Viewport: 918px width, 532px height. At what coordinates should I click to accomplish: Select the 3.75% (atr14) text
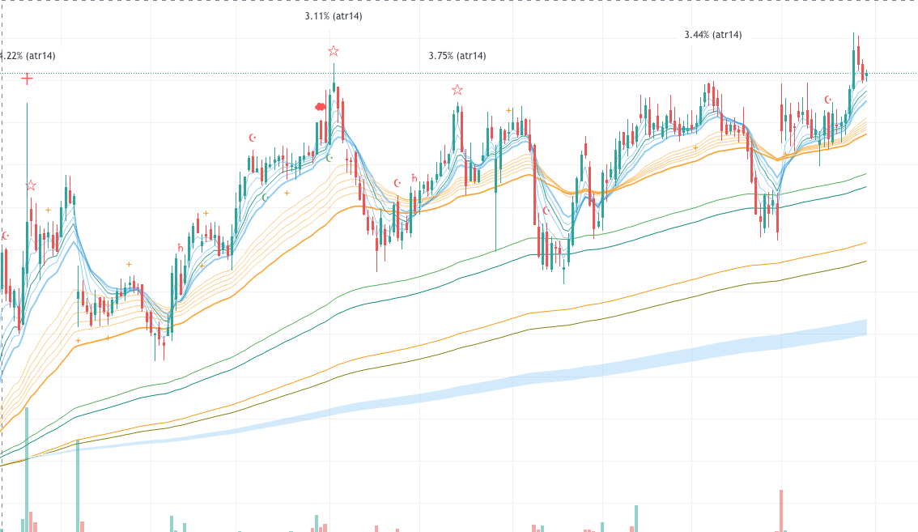pos(457,56)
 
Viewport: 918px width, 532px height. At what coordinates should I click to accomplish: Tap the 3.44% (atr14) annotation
pos(712,35)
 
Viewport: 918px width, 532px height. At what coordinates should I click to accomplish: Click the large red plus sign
pos(28,79)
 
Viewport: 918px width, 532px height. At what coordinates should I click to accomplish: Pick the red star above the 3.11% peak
pos(334,52)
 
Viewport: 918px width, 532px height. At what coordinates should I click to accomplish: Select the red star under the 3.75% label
pos(457,90)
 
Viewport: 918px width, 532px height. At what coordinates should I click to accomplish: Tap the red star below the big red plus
pos(31,186)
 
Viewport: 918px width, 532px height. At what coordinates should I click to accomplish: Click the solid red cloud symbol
pos(320,106)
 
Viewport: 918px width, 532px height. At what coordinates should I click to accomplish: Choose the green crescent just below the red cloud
pos(329,158)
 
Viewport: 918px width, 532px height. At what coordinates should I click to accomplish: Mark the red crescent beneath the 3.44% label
pos(828,100)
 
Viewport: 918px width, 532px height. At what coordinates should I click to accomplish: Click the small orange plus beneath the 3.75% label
pos(508,110)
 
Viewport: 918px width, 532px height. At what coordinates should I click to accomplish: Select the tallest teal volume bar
pos(27,470)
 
